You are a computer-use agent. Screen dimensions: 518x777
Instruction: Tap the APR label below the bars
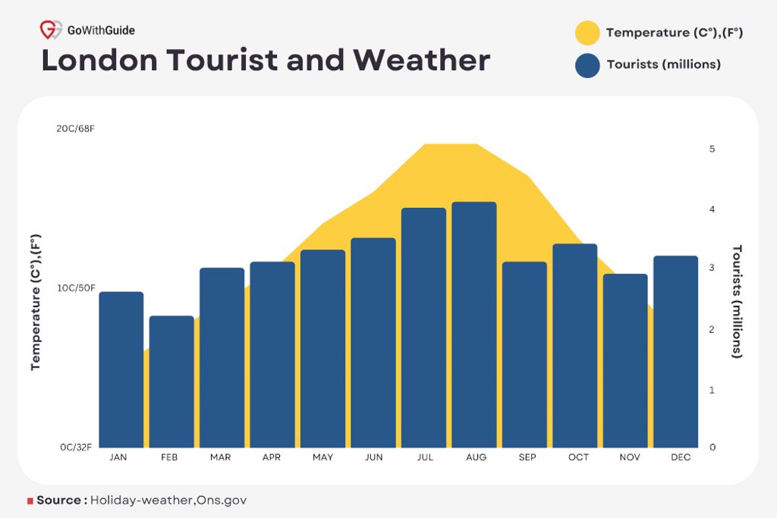tap(272, 457)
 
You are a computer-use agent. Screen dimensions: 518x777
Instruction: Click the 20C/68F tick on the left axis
tap(76, 128)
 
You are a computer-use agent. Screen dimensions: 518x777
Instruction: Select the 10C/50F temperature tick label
tap(76, 288)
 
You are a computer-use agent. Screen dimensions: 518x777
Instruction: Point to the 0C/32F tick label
tap(76, 447)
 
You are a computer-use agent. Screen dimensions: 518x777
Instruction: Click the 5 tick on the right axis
tap(712, 149)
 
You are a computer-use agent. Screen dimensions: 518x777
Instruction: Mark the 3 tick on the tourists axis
tap(712, 268)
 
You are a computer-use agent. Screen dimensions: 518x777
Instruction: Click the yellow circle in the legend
tap(587, 33)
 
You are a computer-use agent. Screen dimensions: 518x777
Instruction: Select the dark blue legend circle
tap(587, 64)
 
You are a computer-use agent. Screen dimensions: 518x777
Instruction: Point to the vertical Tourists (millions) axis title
tap(736, 301)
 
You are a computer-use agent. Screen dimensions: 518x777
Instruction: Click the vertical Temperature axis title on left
tap(36, 301)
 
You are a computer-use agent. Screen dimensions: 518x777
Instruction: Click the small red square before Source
tap(30, 501)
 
